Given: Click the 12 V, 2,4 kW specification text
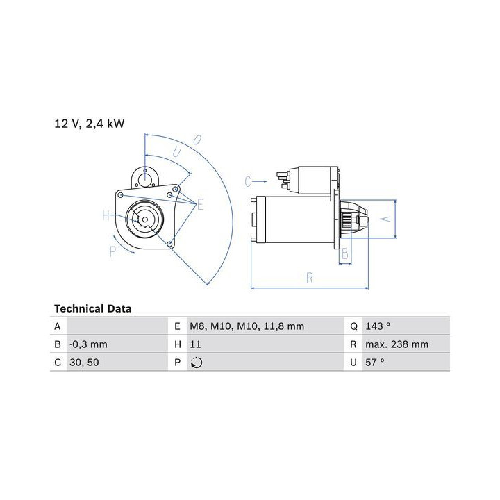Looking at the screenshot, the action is (90, 124).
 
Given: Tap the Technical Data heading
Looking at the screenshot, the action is (93, 308).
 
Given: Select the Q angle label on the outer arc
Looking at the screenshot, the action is (198, 140).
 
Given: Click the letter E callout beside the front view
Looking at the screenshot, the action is (200, 205).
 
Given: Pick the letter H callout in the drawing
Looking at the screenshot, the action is (106, 215).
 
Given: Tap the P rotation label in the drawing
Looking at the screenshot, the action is (112, 251).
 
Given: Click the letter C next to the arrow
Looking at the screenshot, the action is (248, 181).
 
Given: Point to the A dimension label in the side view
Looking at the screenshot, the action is (386, 219).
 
